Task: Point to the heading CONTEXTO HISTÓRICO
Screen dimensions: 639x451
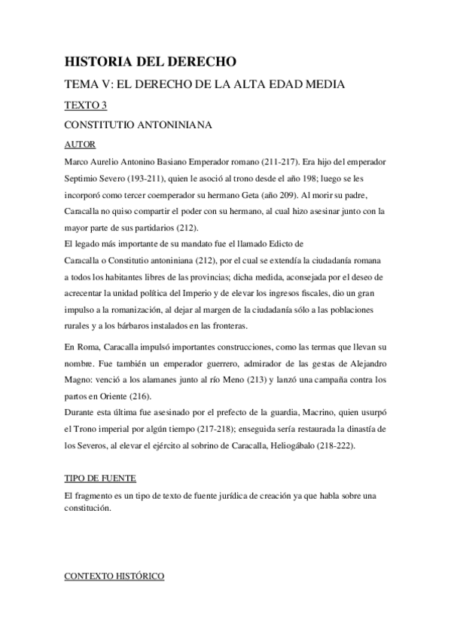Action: point(114,578)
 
